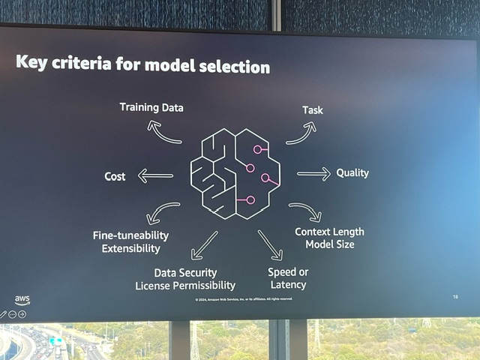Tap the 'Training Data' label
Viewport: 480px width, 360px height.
click(x=151, y=107)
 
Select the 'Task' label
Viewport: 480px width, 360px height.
click(x=313, y=110)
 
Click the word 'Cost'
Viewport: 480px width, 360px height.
click(x=115, y=176)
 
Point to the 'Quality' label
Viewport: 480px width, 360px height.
click(x=352, y=172)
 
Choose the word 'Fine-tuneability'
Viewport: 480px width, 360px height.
click(x=131, y=235)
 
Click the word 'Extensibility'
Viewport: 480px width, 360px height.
click(x=131, y=248)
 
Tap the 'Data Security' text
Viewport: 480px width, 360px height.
click(x=185, y=272)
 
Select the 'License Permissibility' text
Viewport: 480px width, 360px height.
click(x=185, y=286)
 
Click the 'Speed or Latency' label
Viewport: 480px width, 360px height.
click(x=288, y=277)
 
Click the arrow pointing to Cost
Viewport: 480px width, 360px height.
click(x=155, y=176)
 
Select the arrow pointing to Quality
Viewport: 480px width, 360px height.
click(x=313, y=174)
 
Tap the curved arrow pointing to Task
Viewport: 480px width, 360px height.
click(x=301, y=133)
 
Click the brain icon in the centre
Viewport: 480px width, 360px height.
click(x=235, y=172)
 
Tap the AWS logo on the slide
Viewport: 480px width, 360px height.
click(x=22, y=301)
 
